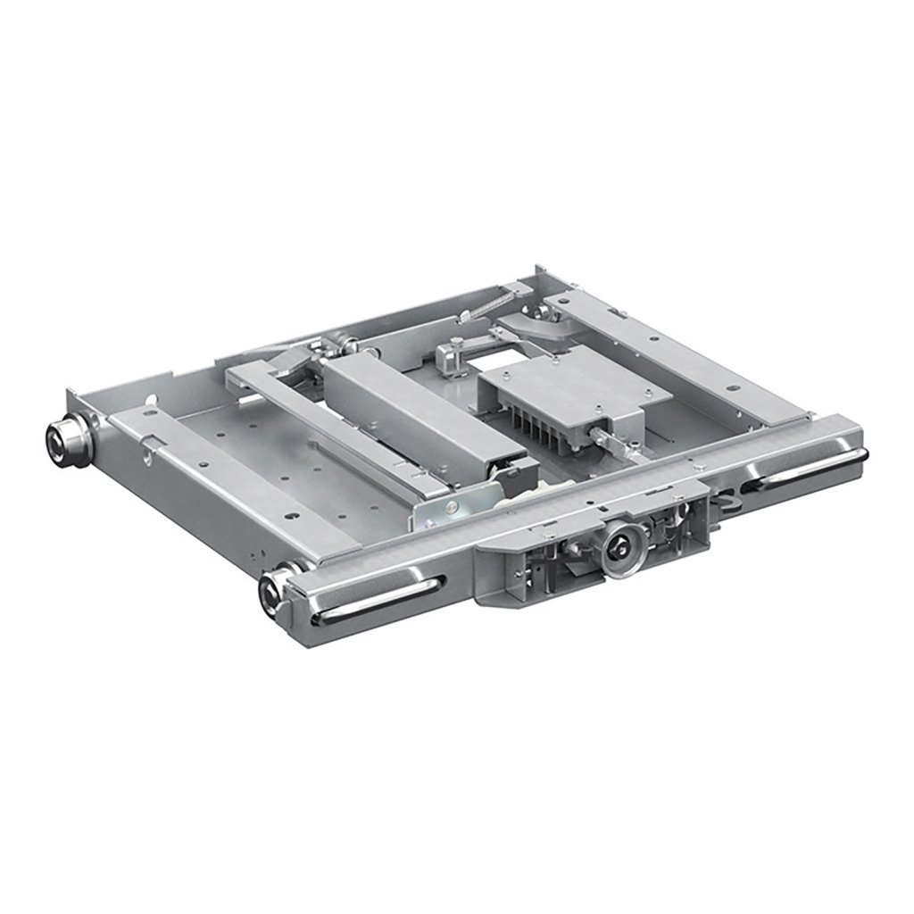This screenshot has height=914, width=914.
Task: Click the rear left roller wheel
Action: pyautogui.click(x=65, y=437)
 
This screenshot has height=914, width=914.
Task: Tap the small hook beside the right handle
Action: pyautogui.click(x=728, y=504)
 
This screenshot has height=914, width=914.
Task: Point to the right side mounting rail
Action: pyautogui.click(x=678, y=357)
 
